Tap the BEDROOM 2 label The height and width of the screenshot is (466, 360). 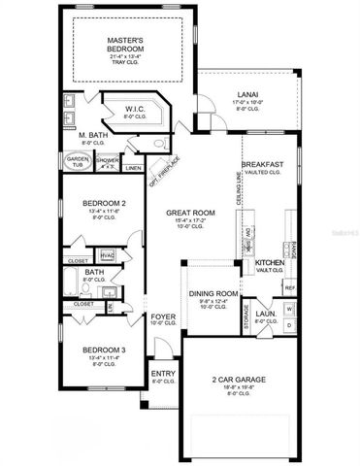101,203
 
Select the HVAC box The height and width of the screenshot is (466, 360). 108,255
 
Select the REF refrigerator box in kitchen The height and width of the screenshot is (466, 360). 289,288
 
